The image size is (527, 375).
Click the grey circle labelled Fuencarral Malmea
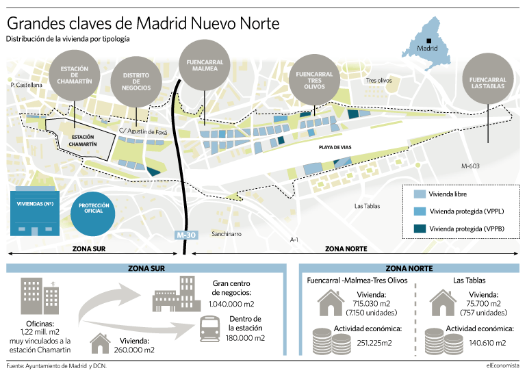click(x=205, y=65)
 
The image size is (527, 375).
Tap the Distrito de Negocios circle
click(x=136, y=81)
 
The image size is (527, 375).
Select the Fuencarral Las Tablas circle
click(x=488, y=78)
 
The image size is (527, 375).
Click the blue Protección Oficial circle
click(x=93, y=214)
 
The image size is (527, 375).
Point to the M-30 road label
click(x=186, y=235)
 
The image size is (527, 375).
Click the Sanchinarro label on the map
click(x=226, y=234)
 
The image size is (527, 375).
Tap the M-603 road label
click(x=470, y=166)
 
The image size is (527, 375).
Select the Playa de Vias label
click(x=335, y=147)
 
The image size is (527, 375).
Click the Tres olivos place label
click(x=378, y=80)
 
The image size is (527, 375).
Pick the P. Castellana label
click(x=27, y=85)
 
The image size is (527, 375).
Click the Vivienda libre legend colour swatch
click(x=420, y=194)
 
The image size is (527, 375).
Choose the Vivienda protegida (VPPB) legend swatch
click(x=420, y=229)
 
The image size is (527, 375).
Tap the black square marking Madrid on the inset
click(x=428, y=41)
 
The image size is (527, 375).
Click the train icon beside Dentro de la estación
click(x=209, y=328)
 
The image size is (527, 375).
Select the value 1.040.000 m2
click(x=231, y=304)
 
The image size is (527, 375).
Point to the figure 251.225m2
click(x=374, y=343)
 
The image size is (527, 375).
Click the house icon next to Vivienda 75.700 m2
click(x=443, y=302)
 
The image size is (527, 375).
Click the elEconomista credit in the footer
click(x=502, y=365)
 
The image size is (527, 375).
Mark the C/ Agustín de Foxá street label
click(x=143, y=131)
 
